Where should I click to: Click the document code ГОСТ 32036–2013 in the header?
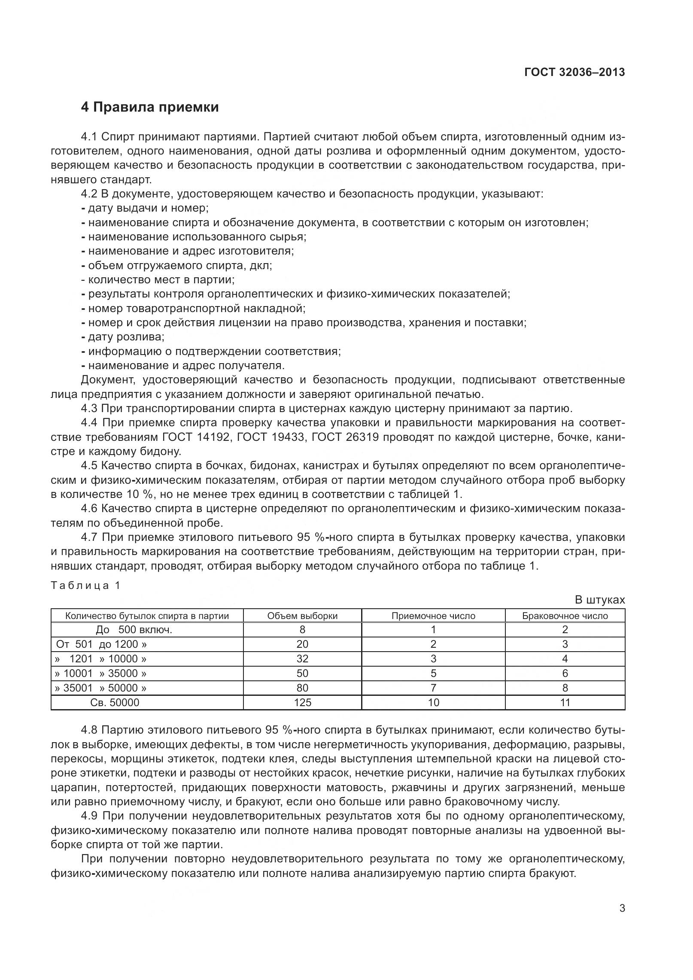(574, 72)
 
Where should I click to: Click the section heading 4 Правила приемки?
(150, 107)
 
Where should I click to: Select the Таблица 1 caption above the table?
(85, 586)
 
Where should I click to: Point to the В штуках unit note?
(600, 600)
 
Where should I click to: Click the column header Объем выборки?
(302, 616)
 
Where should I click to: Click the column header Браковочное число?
(565, 616)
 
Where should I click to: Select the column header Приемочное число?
(433, 616)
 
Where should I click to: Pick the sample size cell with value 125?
(302, 703)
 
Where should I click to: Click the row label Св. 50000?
(115, 703)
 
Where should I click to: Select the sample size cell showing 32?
(302, 659)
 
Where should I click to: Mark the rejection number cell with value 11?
(565, 703)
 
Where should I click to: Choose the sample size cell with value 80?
(302, 688)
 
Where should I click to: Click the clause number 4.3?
(89, 408)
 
